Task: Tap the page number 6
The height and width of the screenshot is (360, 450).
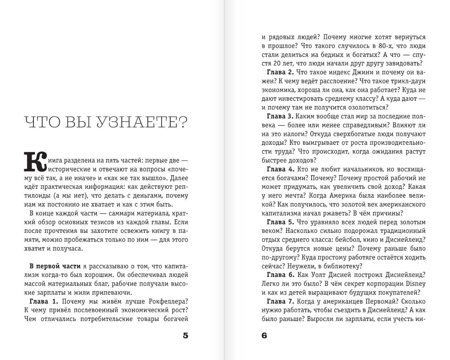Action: point(264,336)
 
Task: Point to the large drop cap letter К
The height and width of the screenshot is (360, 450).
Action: point(35,161)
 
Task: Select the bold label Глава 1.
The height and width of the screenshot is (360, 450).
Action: point(44,301)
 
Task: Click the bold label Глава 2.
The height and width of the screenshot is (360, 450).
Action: point(280,72)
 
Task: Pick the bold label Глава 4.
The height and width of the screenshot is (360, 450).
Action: point(280,169)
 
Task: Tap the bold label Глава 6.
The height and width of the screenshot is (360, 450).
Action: point(280,275)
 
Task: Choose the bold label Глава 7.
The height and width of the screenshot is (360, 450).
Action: point(280,301)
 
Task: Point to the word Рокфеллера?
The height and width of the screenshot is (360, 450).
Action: point(169,301)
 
